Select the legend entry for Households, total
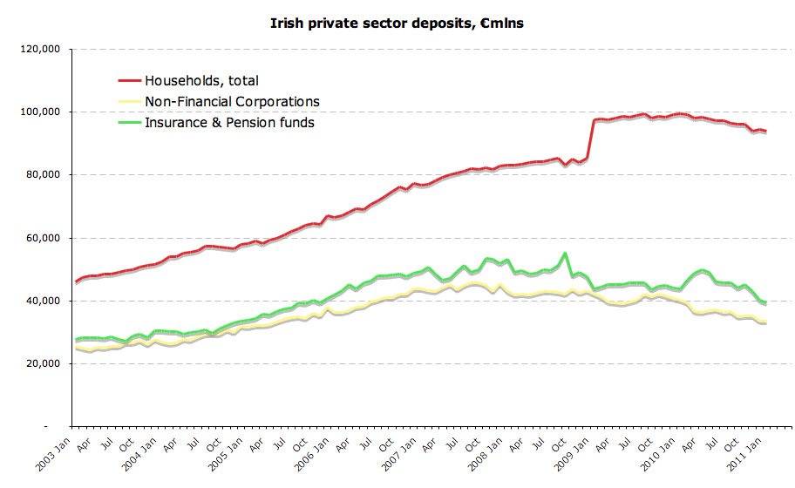coord(201,81)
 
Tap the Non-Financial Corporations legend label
coord(232,102)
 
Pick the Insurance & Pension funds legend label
coord(229,123)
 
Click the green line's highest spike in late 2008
coord(566,254)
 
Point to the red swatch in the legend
coord(130,81)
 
